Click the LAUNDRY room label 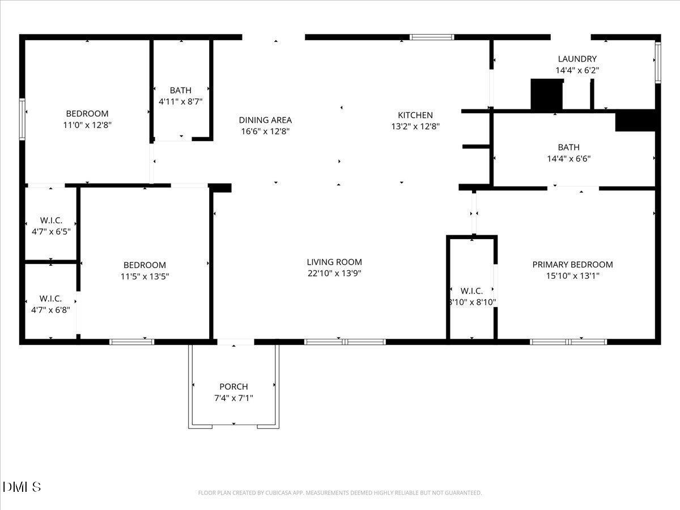[577, 59]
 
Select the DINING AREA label [265, 120]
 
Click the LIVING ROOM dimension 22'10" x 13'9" [334, 273]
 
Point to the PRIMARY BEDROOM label [572, 265]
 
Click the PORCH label [233, 386]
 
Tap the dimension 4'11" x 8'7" [180, 101]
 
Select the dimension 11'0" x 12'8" [87, 125]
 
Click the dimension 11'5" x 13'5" [144, 277]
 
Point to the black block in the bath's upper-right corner [635, 121]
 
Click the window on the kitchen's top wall [432, 37]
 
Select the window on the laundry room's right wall [658, 62]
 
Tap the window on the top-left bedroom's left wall [22, 119]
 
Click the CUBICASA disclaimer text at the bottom [340, 493]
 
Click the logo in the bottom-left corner [22, 487]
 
